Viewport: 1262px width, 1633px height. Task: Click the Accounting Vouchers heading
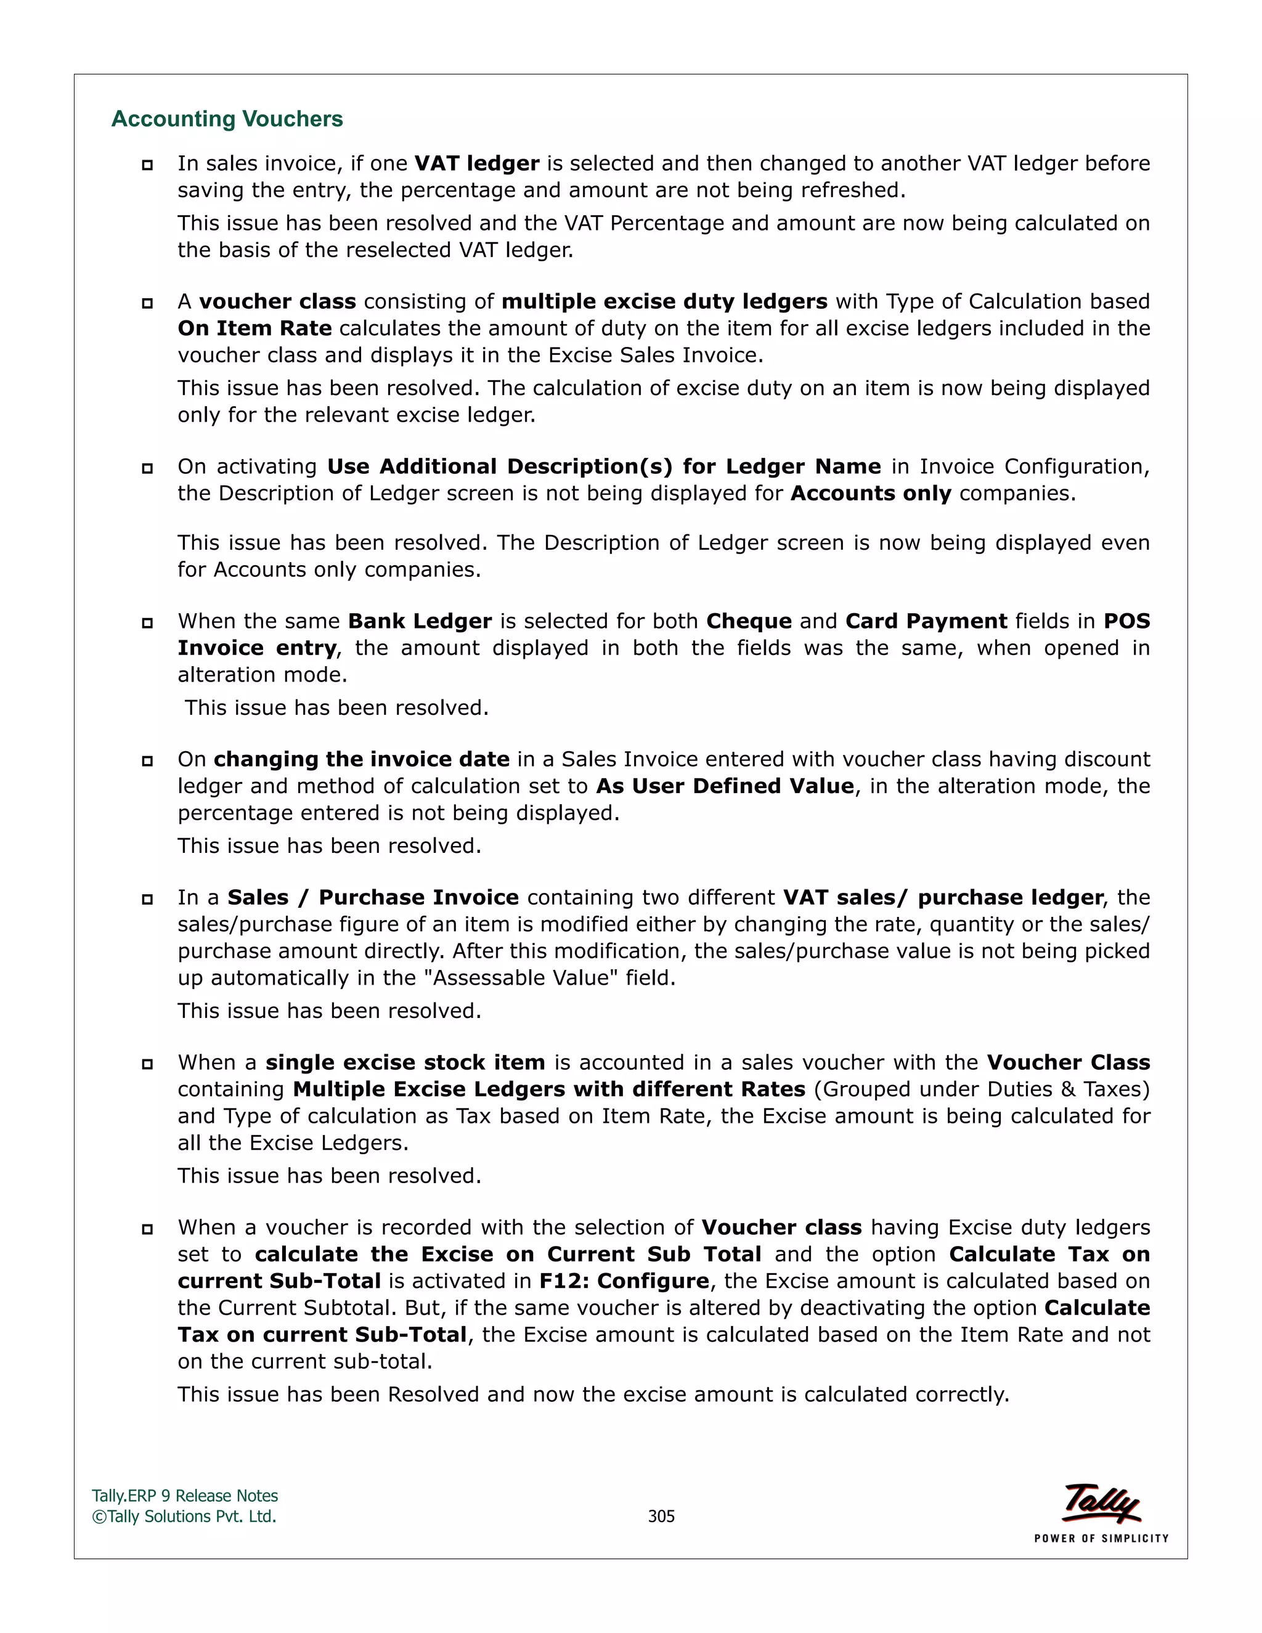(227, 119)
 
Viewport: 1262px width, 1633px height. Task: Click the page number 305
(661, 1516)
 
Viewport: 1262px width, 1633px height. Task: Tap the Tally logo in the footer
(1101, 1503)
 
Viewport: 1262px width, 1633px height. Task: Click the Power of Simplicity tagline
(1101, 1538)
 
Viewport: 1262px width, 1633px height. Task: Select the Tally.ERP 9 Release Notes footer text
(185, 1496)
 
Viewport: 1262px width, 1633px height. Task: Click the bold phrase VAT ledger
(477, 163)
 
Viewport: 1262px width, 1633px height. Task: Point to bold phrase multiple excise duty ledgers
(664, 301)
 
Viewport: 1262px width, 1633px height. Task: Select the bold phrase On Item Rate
(255, 328)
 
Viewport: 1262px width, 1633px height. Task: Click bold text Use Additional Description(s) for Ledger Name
(604, 466)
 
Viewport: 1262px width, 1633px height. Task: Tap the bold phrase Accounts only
(870, 494)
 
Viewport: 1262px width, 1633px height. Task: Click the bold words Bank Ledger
(420, 621)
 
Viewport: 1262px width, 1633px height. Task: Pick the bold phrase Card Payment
(926, 621)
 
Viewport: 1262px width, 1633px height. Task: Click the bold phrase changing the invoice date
(362, 760)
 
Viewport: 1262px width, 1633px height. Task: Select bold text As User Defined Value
(725, 786)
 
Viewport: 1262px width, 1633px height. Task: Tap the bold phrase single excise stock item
(405, 1062)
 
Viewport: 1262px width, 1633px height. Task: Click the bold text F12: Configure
(624, 1281)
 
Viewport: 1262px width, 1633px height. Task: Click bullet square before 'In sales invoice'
(147, 165)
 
